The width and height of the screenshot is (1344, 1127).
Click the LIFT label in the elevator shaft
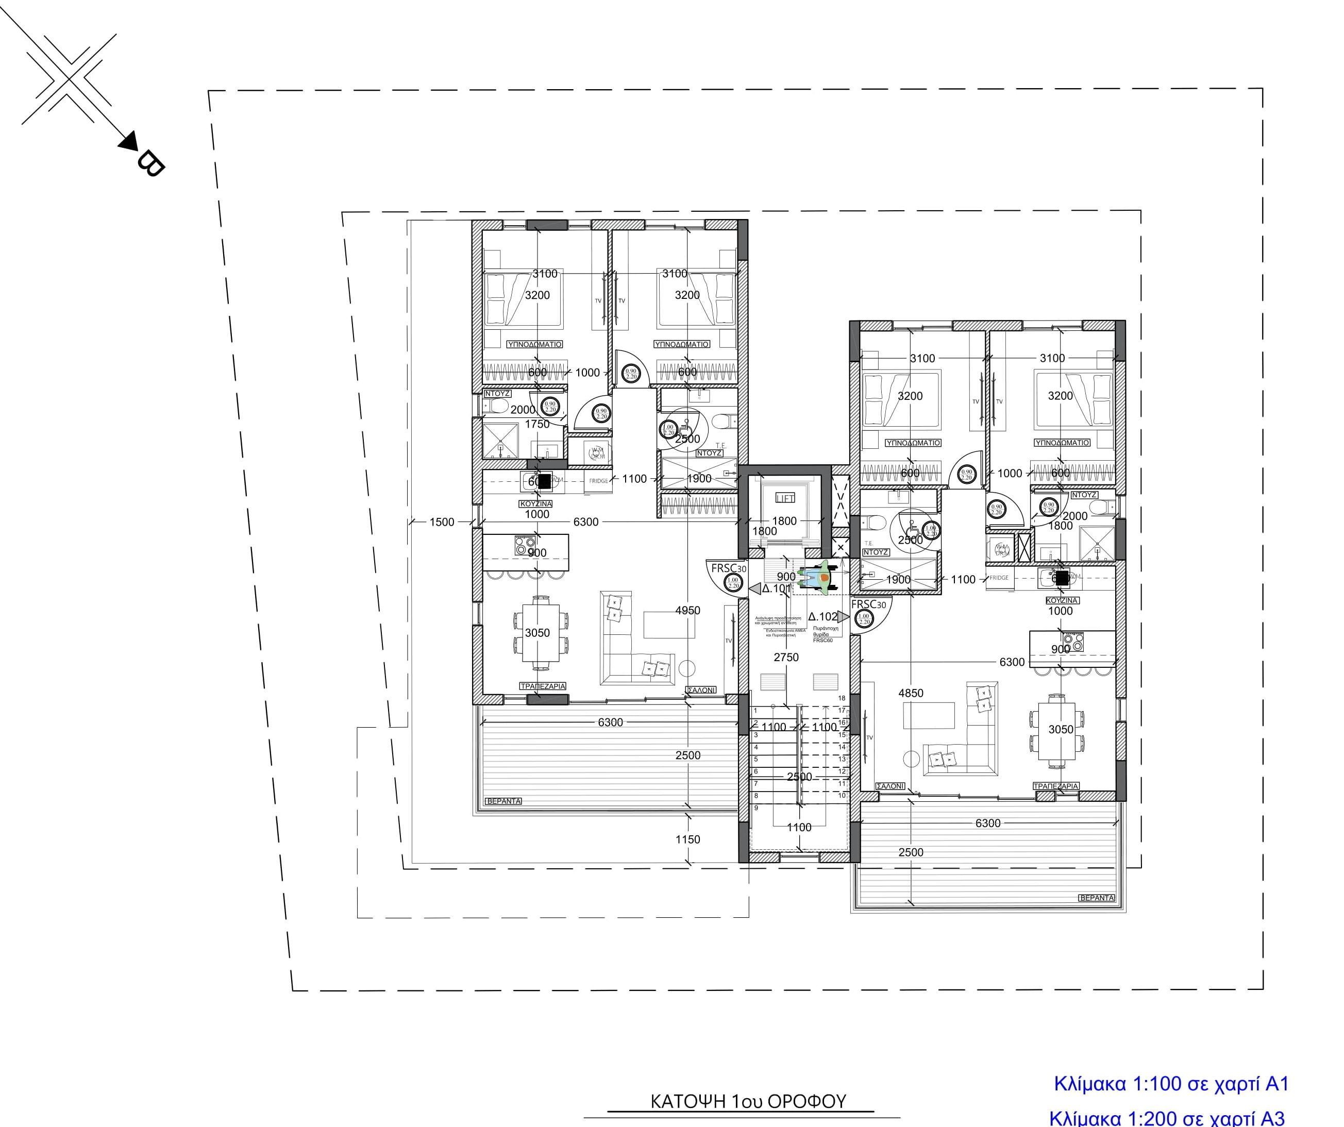(785, 498)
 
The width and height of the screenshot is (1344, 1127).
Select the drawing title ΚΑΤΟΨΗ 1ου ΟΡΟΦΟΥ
(748, 1101)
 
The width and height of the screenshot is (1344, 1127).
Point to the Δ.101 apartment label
(776, 588)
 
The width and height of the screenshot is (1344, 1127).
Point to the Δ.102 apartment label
(822, 617)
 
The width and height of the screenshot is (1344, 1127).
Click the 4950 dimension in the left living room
(687, 611)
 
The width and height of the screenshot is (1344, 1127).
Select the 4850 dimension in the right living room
(911, 693)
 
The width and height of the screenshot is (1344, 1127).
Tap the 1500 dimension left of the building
(442, 522)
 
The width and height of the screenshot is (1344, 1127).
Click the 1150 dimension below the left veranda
(687, 839)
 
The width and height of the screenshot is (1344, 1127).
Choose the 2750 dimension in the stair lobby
(786, 657)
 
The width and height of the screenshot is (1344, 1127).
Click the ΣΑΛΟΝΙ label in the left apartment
(700, 691)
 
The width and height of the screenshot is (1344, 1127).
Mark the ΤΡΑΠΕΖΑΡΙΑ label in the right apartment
(1056, 786)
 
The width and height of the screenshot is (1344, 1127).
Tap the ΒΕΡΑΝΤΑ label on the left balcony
(503, 801)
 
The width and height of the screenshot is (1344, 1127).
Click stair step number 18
(842, 698)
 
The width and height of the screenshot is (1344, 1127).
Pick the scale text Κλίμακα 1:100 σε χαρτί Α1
(1170, 1084)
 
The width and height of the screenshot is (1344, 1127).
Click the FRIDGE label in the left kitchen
(599, 481)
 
